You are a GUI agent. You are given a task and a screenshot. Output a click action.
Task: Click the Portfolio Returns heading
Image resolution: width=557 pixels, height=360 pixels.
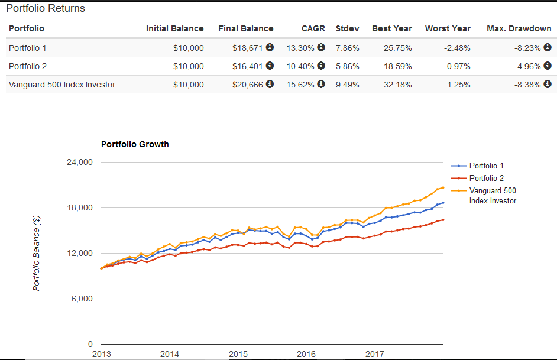click(x=46, y=9)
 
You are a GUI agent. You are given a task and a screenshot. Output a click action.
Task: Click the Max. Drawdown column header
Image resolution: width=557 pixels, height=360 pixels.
click(x=519, y=28)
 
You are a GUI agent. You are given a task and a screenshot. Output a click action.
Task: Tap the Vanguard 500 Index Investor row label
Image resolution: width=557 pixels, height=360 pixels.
click(x=62, y=85)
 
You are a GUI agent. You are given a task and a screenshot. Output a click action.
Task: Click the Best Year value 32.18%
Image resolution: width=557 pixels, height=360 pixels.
click(x=397, y=85)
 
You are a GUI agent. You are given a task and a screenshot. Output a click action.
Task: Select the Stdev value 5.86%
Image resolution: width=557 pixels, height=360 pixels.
click(x=347, y=66)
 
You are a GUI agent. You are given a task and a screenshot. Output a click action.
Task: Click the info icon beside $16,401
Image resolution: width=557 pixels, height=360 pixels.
click(x=270, y=66)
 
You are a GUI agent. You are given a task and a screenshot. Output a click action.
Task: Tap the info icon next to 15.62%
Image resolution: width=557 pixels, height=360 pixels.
click(x=321, y=85)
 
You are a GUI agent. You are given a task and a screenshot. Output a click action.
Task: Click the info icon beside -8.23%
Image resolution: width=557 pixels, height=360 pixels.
click(x=548, y=48)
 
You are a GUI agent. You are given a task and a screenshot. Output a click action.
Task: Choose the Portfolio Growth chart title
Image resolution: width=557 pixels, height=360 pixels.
click(x=135, y=144)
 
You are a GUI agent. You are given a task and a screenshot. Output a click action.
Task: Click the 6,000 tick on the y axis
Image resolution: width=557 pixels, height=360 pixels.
click(x=84, y=299)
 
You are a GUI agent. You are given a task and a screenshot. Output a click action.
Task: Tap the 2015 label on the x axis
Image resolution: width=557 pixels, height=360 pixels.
click(x=238, y=354)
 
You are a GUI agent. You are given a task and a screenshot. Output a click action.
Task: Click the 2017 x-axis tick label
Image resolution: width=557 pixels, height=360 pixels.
click(x=374, y=354)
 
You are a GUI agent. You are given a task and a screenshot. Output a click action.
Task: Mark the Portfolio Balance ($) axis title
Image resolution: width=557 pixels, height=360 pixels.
click(x=37, y=253)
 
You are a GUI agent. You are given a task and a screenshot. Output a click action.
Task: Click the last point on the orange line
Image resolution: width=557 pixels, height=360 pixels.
click(x=443, y=187)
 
